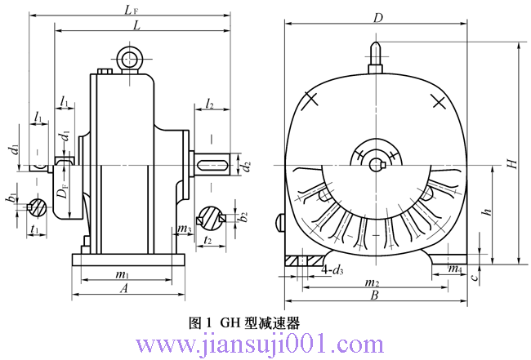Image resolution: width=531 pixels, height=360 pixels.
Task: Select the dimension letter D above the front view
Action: click(x=377, y=17)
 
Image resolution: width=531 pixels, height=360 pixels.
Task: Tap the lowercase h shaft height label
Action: click(x=487, y=211)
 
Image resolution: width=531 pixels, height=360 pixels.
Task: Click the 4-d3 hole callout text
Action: click(x=332, y=269)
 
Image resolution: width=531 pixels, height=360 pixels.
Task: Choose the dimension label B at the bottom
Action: click(x=374, y=296)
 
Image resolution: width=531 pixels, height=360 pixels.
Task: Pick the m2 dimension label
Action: click(x=374, y=282)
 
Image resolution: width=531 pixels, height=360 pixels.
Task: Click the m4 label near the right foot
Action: click(x=455, y=269)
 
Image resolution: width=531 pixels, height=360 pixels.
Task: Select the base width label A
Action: click(x=124, y=288)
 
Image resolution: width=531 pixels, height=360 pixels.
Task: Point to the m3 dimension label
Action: click(x=185, y=229)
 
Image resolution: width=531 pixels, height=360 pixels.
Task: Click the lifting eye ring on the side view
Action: click(x=128, y=58)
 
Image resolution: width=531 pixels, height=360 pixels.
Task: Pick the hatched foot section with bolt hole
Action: click(x=302, y=260)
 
